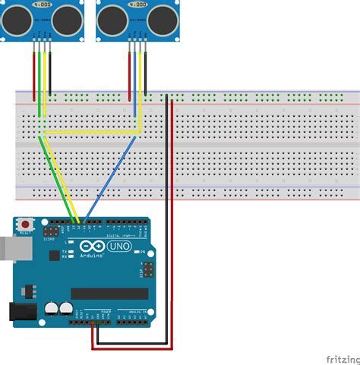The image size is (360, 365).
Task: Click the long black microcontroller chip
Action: [x=109, y=293]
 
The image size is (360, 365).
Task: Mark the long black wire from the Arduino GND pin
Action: [x=165, y=228]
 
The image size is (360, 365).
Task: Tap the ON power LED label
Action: [x=141, y=250]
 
